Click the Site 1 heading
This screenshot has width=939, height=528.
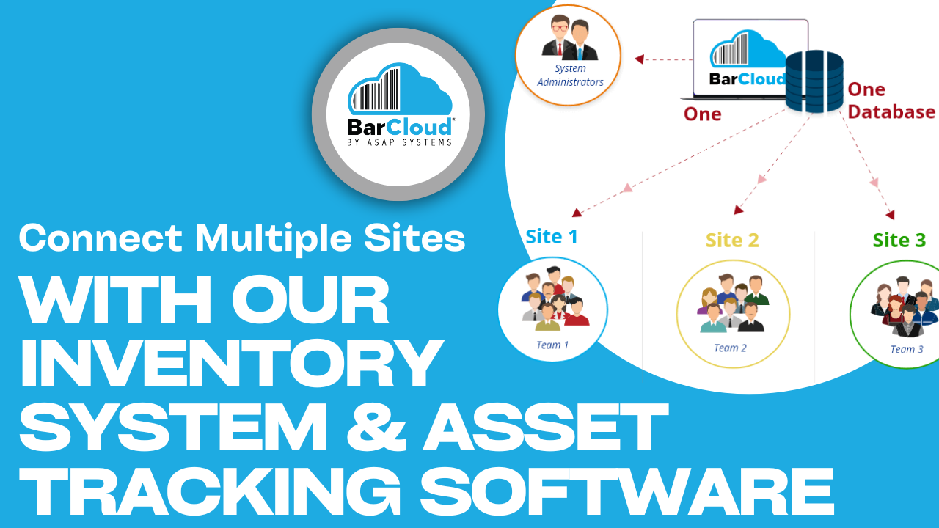click(552, 237)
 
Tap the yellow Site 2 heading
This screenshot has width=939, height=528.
click(731, 240)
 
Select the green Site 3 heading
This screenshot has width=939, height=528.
click(899, 240)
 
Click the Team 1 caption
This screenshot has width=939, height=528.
click(552, 345)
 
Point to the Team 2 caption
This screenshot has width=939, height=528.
click(730, 348)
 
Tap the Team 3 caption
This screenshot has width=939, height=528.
click(907, 350)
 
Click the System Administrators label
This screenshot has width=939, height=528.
click(570, 76)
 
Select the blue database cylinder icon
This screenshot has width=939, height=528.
click(814, 81)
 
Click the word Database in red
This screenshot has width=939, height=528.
click(891, 112)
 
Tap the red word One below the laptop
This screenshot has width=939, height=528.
click(702, 114)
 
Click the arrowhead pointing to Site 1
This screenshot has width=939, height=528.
click(577, 213)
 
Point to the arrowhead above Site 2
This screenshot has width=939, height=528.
click(738, 210)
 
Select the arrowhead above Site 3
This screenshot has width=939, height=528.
click(890, 214)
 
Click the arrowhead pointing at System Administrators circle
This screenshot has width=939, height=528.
click(639, 59)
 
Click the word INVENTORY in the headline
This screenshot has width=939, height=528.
click(231, 364)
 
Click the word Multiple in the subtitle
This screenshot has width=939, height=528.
click(277, 239)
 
